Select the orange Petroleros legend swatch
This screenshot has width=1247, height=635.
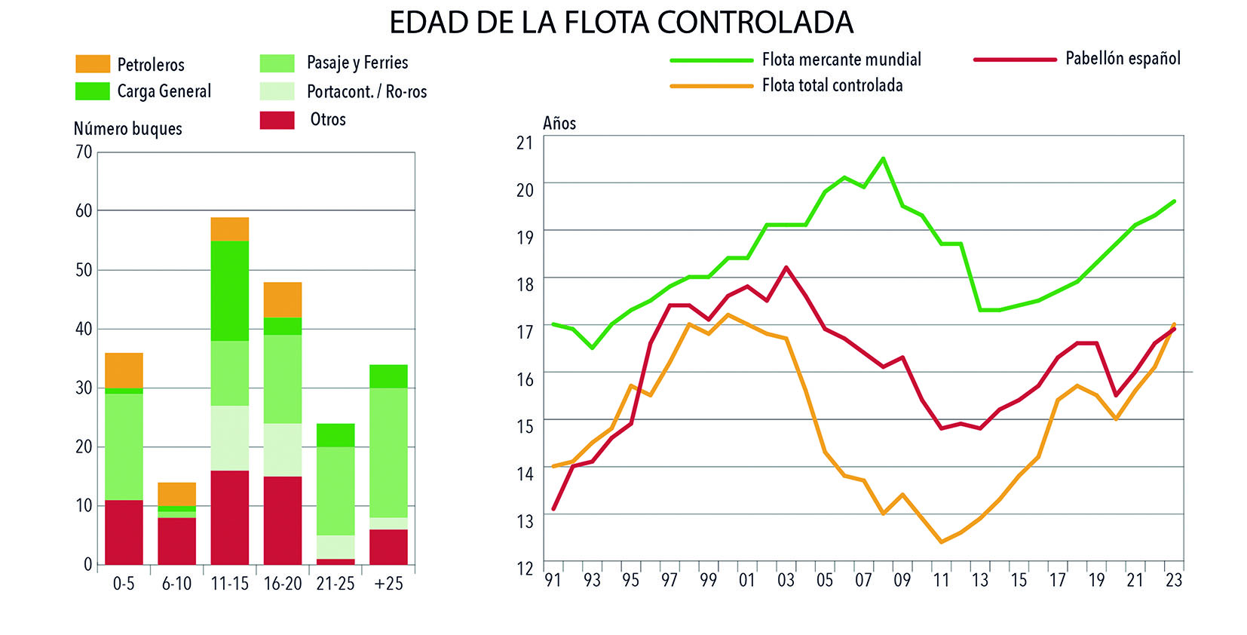click(x=93, y=64)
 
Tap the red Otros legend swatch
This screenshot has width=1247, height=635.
click(x=277, y=120)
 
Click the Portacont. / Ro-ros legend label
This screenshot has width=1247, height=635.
click(x=366, y=92)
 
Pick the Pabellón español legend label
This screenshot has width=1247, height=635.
click(x=1123, y=59)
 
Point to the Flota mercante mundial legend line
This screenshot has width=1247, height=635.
click(x=711, y=60)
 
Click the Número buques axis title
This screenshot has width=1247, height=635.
click(x=127, y=129)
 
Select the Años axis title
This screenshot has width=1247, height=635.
click(x=559, y=124)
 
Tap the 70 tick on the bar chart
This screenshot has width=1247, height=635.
click(x=84, y=152)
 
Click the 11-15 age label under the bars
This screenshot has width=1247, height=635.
click(x=229, y=584)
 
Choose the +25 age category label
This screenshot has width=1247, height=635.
click(x=388, y=584)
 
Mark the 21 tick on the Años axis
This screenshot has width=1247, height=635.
click(x=525, y=143)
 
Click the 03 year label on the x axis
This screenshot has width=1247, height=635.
click(x=786, y=580)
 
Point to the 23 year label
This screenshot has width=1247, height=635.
click(x=1174, y=580)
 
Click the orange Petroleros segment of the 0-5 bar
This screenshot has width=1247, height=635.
click(x=124, y=370)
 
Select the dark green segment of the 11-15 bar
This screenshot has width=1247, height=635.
click(x=229, y=290)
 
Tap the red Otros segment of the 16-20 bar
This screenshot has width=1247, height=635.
click(x=283, y=520)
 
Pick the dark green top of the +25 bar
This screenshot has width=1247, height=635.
click(x=388, y=376)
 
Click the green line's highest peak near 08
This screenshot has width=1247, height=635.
click(x=883, y=158)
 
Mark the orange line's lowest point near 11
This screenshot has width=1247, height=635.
click(x=941, y=541)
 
